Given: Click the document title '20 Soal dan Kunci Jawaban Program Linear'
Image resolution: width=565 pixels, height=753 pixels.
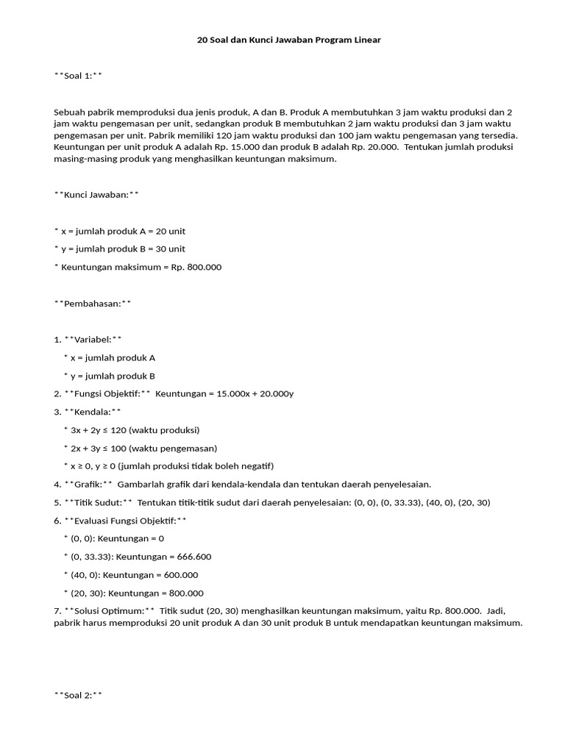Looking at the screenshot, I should coord(289,40).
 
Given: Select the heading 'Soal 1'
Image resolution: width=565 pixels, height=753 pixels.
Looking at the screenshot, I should coord(78,75).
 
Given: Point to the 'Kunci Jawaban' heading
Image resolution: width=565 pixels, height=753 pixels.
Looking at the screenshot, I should coord(96,195).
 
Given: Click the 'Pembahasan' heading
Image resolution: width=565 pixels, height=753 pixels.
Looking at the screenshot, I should coord(93,303).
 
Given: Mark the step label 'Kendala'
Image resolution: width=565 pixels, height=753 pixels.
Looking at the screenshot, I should coord(92,412).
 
